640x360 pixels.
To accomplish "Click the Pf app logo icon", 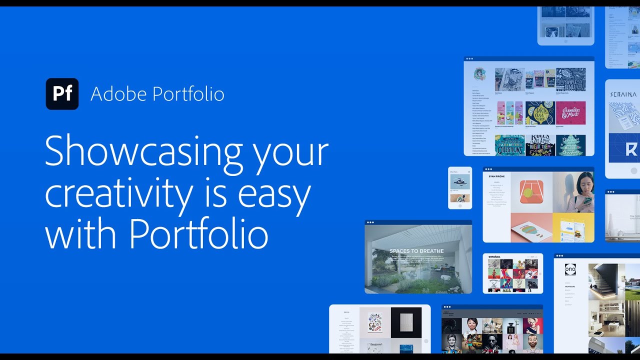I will pyautogui.click(x=62, y=94).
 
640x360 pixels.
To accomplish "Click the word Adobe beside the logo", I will pyautogui.click(x=118, y=94).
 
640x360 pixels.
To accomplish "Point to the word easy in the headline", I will pyautogui.click(x=274, y=194).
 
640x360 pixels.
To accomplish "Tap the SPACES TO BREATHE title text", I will pyautogui.click(x=416, y=251).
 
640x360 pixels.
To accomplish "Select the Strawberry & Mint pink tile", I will pyautogui.click(x=570, y=113).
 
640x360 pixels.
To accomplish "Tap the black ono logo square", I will pyautogui.click(x=570, y=269).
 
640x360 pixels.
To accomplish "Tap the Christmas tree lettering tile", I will pyautogui.click(x=570, y=145).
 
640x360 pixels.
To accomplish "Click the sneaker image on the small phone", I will pyautogui.click(x=459, y=181).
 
